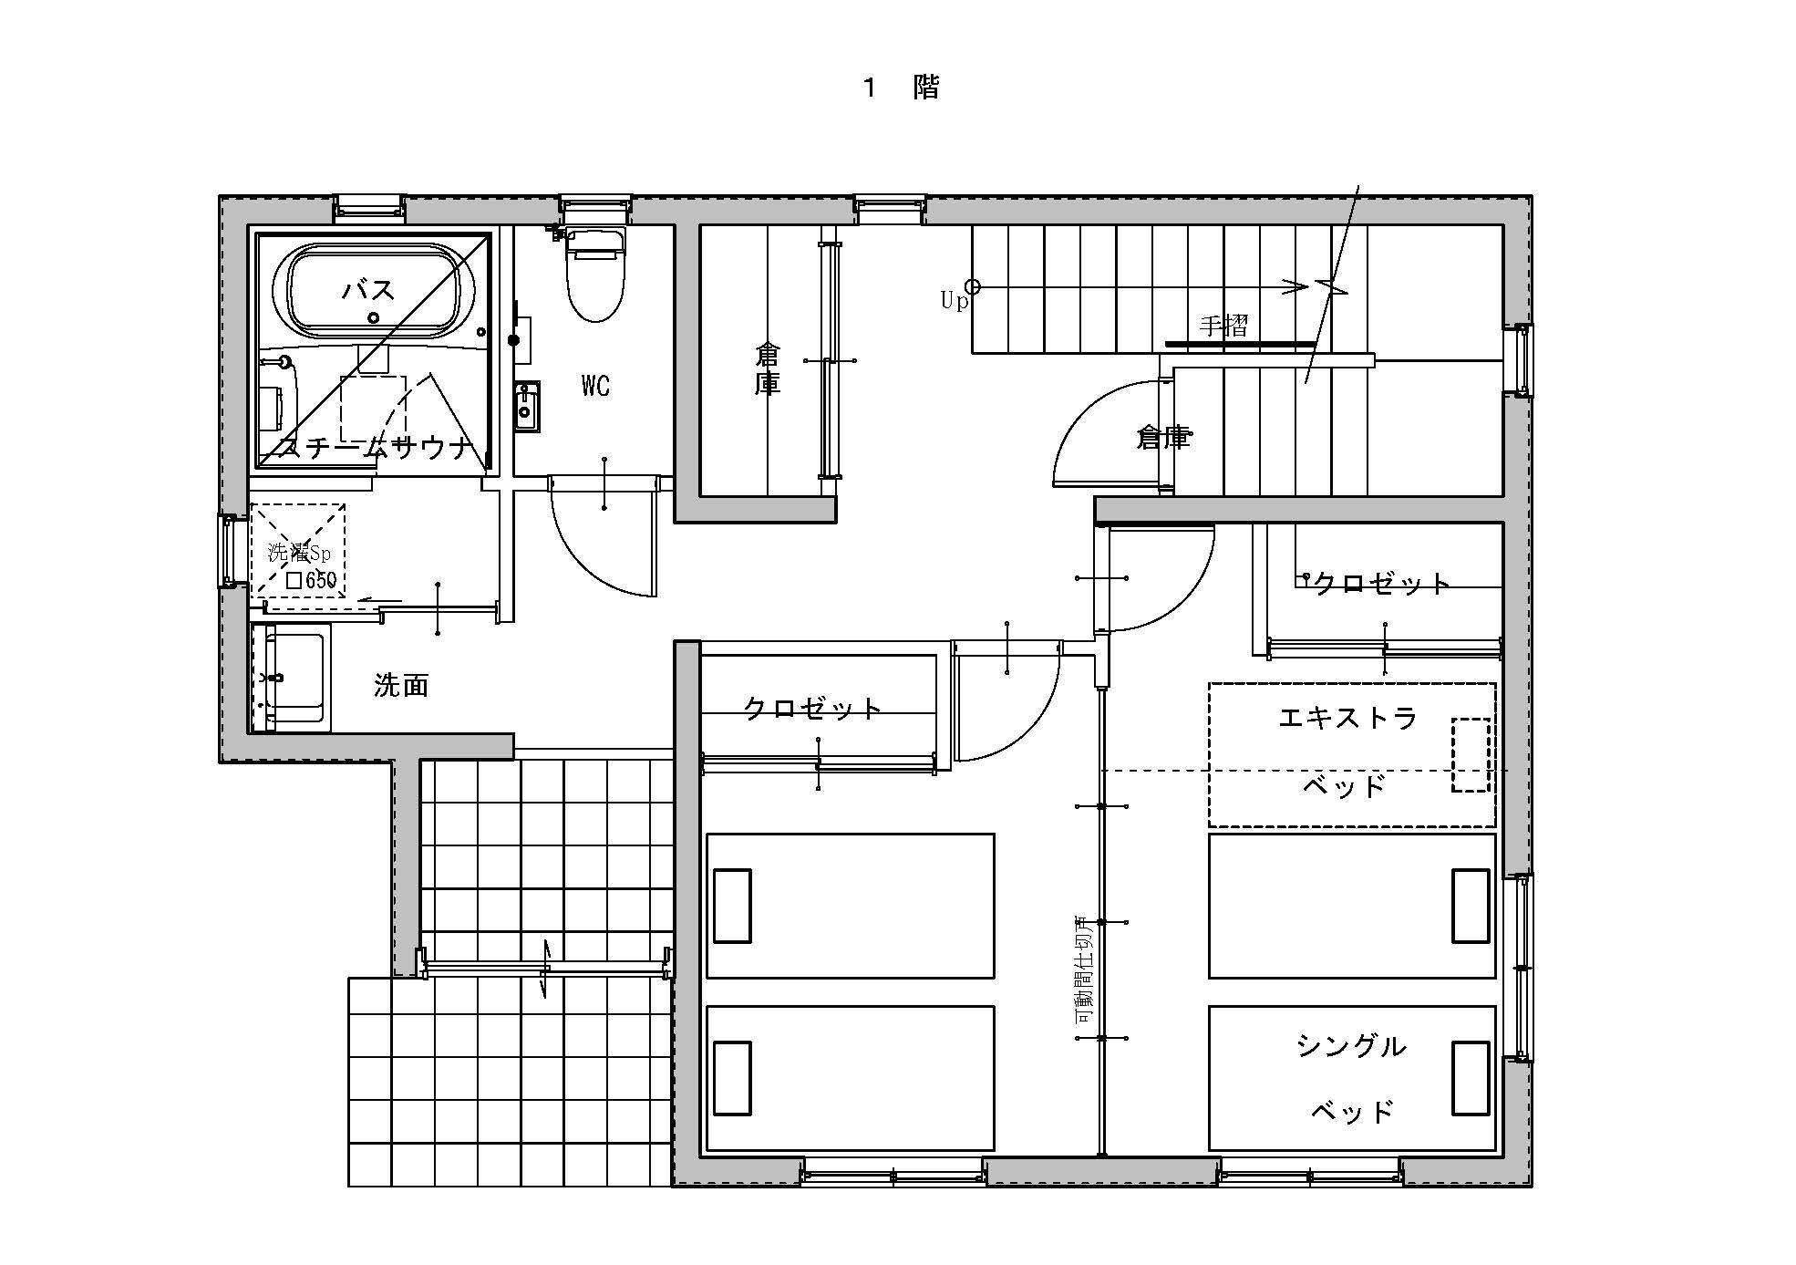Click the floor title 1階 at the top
[x=901, y=88]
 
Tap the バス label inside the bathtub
[x=368, y=290]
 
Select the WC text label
[x=595, y=386]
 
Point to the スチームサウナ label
[x=376, y=448]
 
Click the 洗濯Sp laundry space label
[x=299, y=552]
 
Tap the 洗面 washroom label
[x=401, y=685]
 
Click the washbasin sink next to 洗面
[x=294, y=679]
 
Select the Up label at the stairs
[x=954, y=300]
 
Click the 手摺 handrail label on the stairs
[x=1223, y=326]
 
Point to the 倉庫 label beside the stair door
[x=1164, y=438]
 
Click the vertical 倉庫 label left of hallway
[x=768, y=368]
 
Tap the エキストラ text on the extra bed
[x=1347, y=718]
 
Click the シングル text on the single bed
[x=1351, y=1046]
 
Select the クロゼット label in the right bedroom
[x=1381, y=584]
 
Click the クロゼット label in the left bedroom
[x=812, y=708]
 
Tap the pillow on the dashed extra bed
[x=1470, y=754]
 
